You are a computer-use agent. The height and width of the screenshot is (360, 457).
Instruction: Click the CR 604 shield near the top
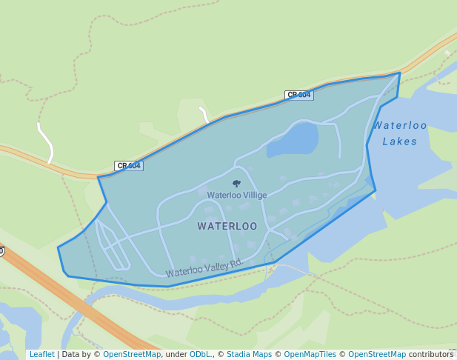(x=298, y=95)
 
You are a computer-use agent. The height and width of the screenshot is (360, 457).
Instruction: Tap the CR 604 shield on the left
(x=128, y=166)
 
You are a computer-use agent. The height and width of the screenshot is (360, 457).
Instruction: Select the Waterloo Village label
(x=236, y=195)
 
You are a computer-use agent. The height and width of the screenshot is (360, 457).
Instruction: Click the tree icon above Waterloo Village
(x=236, y=183)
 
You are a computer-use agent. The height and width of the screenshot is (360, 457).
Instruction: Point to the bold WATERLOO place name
(x=227, y=226)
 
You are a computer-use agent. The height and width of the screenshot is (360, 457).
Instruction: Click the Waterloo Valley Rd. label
(x=204, y=268)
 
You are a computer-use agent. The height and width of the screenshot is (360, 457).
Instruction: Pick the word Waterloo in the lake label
(x=400, y=125)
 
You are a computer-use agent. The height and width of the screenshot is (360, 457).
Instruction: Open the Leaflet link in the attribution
(x=41, y=354)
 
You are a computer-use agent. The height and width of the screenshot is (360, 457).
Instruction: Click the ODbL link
(x=200, y=354)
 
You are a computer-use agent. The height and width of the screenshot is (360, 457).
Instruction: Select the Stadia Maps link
(x=249, y=354)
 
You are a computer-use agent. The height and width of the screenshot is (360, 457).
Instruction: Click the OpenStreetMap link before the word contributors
(x=377, y=354)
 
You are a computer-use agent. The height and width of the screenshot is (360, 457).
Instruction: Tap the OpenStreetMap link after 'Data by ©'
(x=132, y=354)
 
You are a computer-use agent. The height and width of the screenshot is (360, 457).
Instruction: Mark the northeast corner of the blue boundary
(x=400, y=73)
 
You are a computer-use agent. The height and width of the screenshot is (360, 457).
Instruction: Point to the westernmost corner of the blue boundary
(x=59, y=247)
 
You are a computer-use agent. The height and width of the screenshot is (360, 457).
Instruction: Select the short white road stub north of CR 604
(x=204, y=113)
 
